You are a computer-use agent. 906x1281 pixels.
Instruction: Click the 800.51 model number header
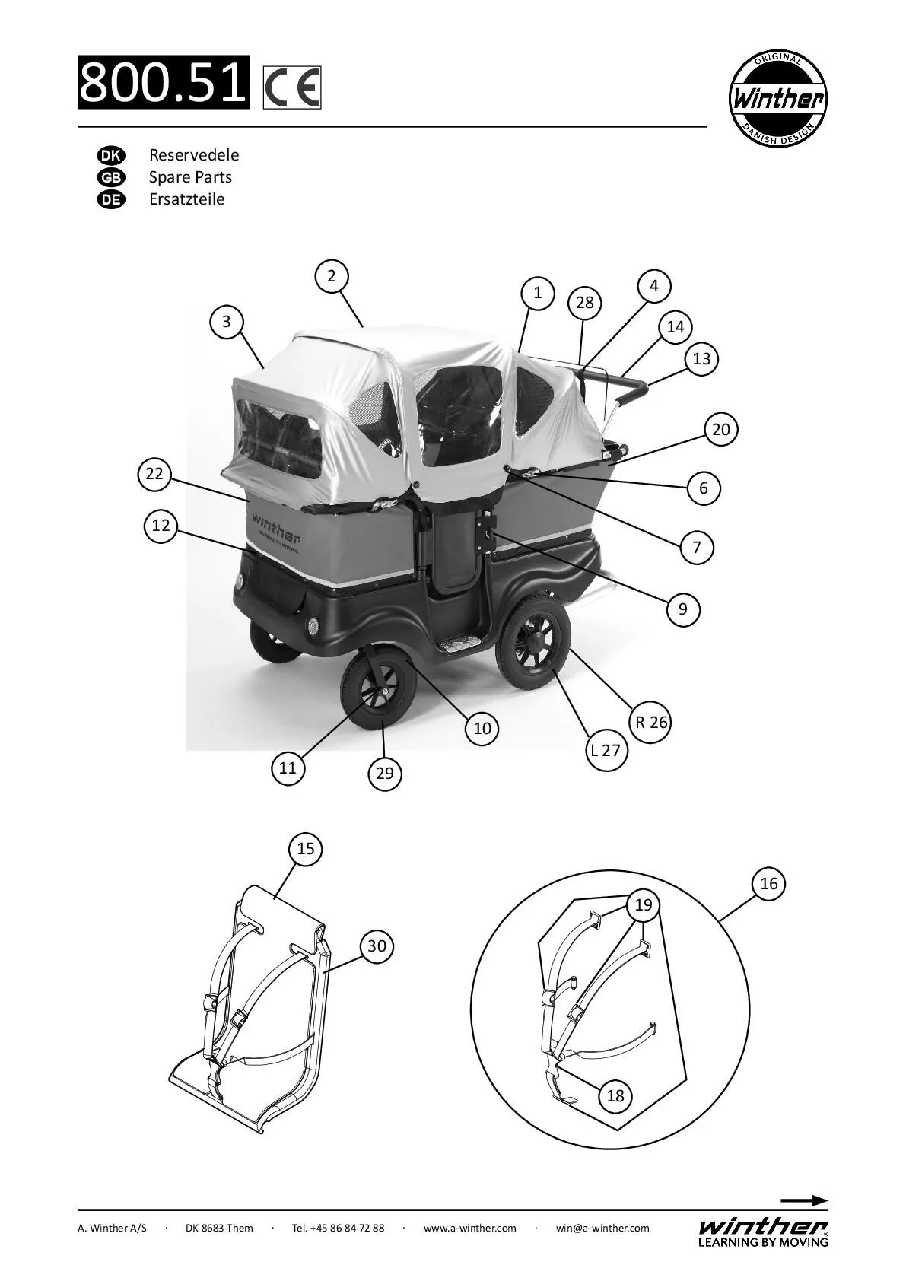click(x=164, y=81)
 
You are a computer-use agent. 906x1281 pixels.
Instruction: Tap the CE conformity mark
click(x=292, y=87)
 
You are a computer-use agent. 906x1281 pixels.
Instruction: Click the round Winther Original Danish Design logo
click(x=777, y=99)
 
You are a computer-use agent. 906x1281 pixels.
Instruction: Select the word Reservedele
click(x=194, y=155)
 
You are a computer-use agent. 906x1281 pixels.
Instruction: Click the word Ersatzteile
click(x=187, y=199)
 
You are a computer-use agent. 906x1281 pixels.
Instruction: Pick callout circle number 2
click(x=332, y=275)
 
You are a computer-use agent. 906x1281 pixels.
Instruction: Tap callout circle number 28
click(x=584, y=303)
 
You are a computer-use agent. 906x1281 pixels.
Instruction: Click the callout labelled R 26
click(x=651, y=721)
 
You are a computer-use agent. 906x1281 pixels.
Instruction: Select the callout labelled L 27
click(x=606, y=750)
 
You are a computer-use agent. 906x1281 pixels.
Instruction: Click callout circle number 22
click(x=154, y=474)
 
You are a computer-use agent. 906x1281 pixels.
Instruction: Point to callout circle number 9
click(x=682, y=609)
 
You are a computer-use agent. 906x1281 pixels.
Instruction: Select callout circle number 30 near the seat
click(x=377, y=946)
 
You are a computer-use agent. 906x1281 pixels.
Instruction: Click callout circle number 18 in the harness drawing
click(x=615, y=1095)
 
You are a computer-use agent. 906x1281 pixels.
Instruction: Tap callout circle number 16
click(x=769, y=883)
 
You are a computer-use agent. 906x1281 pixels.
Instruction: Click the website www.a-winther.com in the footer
click(x=469, y=1228)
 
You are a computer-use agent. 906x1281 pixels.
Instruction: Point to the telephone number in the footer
click(x=338, y=1228)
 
